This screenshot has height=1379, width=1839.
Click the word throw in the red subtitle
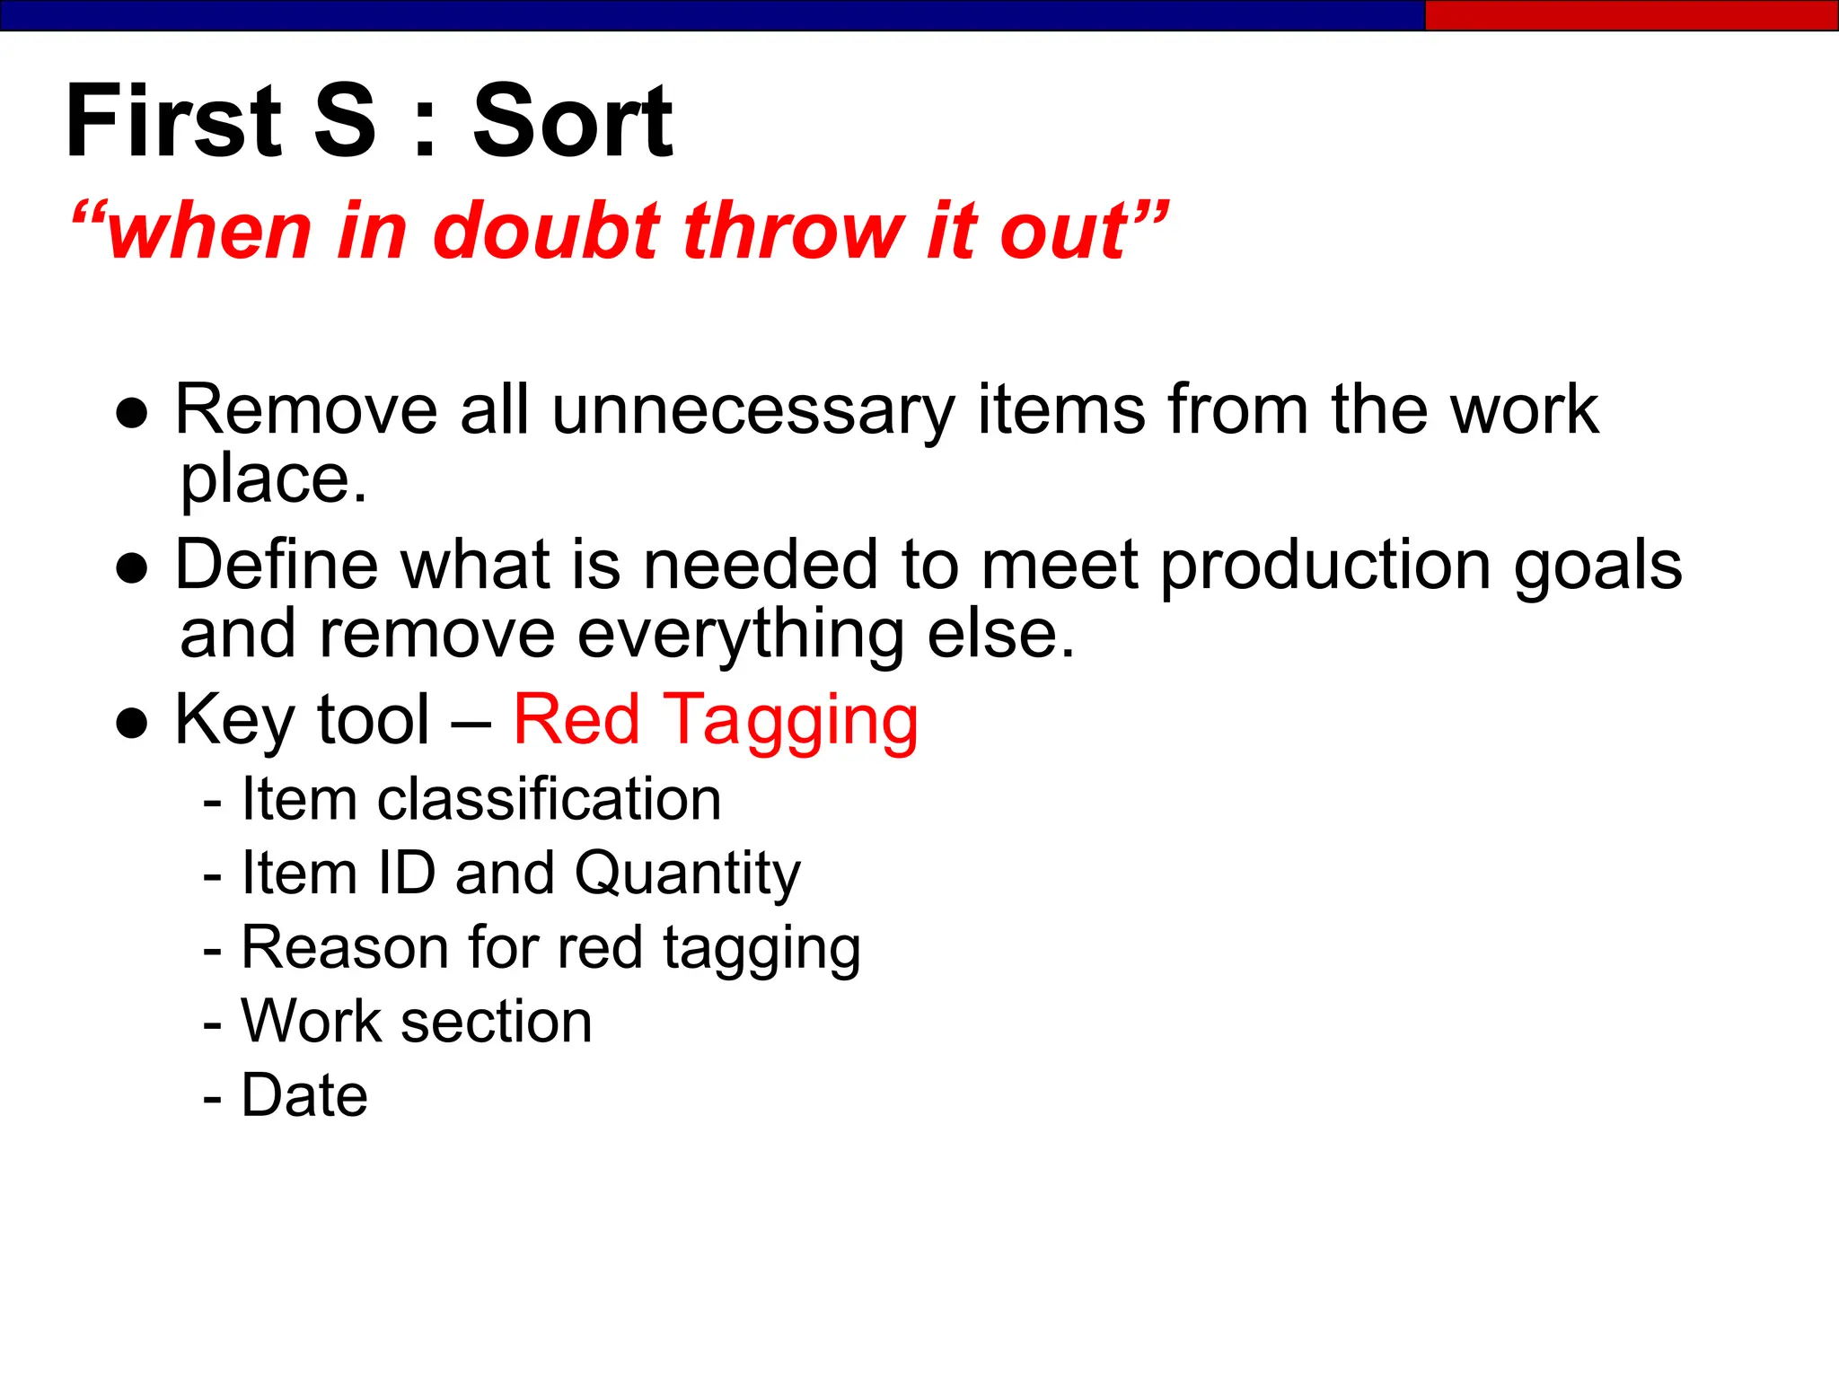[x=793, y=232]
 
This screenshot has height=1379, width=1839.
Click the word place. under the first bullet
[x=274, y=480]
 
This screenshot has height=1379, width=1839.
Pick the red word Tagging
[x=790, y=722]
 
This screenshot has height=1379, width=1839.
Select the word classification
[x=549, y=799]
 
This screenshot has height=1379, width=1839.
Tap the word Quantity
[x=687, y=874]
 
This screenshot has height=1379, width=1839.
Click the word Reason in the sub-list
[x=344, y=948]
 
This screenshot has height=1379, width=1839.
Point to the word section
[x=497, y=1022]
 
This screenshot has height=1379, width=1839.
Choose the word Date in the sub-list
[x=304, y=1095]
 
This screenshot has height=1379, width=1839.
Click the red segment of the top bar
[x=1631, y=15]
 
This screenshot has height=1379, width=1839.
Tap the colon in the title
[x=425, y=126]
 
